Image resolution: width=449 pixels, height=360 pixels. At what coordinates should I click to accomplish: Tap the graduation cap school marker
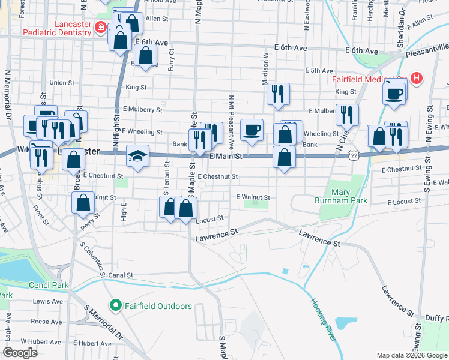click(x=137, y=157)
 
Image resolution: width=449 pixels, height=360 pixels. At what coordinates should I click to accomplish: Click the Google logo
click(x=20, y=353)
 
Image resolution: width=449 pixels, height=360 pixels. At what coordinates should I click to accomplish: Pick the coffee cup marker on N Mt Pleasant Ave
click(x=252, y=130)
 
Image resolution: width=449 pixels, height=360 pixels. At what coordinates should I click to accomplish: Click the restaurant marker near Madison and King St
click(x=277, y=94)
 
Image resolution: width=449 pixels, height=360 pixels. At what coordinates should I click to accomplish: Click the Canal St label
click(x=120, y=275)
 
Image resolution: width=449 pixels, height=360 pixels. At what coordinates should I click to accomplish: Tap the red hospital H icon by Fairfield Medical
click(x=415, y=78)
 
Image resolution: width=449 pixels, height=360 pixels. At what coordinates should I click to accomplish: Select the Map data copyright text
click(x=411, y=355)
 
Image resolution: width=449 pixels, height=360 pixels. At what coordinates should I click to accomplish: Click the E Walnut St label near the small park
click(x=253, y=197)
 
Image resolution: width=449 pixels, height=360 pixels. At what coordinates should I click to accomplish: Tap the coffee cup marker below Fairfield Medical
click(x=394, y=94)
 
